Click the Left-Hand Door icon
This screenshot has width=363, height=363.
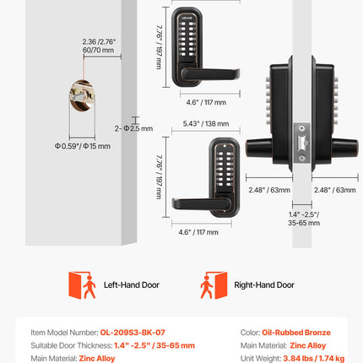pos(82,285)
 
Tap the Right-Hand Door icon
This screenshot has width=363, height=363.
pos(214,285)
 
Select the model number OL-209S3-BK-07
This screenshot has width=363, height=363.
pos(133,333)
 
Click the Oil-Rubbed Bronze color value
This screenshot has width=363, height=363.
pos(296,333)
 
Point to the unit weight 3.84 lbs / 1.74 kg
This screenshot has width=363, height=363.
pos(314,358)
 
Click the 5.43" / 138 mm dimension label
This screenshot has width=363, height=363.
pos(206,124)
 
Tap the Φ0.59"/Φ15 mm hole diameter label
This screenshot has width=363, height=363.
pos(83,146)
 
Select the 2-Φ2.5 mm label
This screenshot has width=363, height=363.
pos(133,128)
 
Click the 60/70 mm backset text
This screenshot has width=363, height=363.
pos(98,51)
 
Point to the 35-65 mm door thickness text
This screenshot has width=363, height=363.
pos(304,223)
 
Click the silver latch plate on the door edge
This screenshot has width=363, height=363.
pos(302,143)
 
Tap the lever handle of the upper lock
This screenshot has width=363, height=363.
pos(210,74)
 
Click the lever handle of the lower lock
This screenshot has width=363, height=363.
pos(201,203)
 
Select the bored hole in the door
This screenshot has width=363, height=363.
pos(82,95)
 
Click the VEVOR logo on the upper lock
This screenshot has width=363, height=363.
pos(187,18)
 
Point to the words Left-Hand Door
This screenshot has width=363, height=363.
pos(132,285)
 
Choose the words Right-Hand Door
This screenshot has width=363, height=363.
pos(264,285)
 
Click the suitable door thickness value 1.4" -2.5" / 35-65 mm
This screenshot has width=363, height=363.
pos(154,345)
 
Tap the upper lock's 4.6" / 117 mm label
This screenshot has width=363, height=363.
pos(206,102)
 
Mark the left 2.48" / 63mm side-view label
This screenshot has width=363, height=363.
pos(269,190)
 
